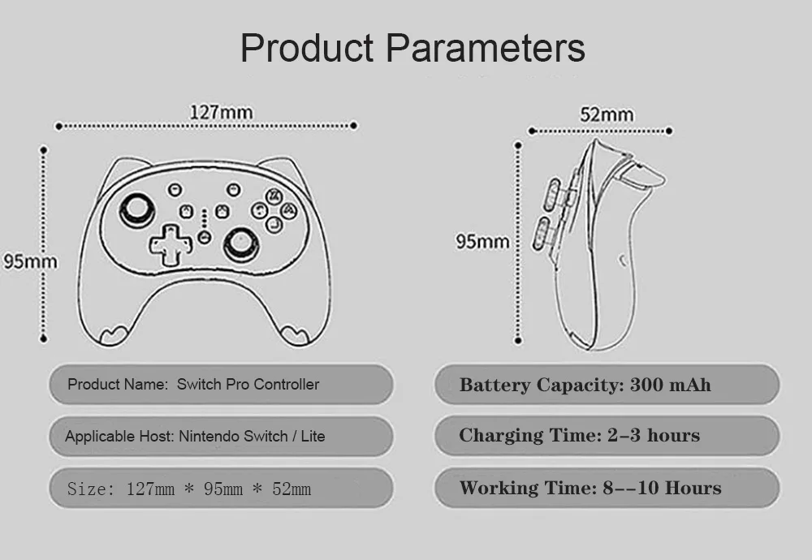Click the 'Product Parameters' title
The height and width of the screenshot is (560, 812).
coord(412,48)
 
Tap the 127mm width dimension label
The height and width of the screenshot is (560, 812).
coord(221,113)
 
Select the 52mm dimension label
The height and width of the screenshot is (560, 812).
coord(606,114)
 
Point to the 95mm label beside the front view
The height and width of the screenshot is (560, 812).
coord(30,261)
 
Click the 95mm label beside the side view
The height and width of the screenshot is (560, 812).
coord(482,241)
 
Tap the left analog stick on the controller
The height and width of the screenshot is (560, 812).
coord(136,210)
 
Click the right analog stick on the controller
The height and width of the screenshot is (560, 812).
coord(241,242)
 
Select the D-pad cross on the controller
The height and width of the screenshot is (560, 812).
coord(168,245)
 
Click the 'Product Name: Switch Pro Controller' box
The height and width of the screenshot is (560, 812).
coord(221,385)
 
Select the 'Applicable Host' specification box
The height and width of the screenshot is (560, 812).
coord(221,437)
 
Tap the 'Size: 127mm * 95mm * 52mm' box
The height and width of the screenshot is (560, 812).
coord(221,489)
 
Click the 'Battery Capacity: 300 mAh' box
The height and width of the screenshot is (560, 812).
coord(606,385)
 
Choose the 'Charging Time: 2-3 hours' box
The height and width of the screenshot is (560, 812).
coord(606,437)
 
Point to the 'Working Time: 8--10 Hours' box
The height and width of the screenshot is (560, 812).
coord(606,489)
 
